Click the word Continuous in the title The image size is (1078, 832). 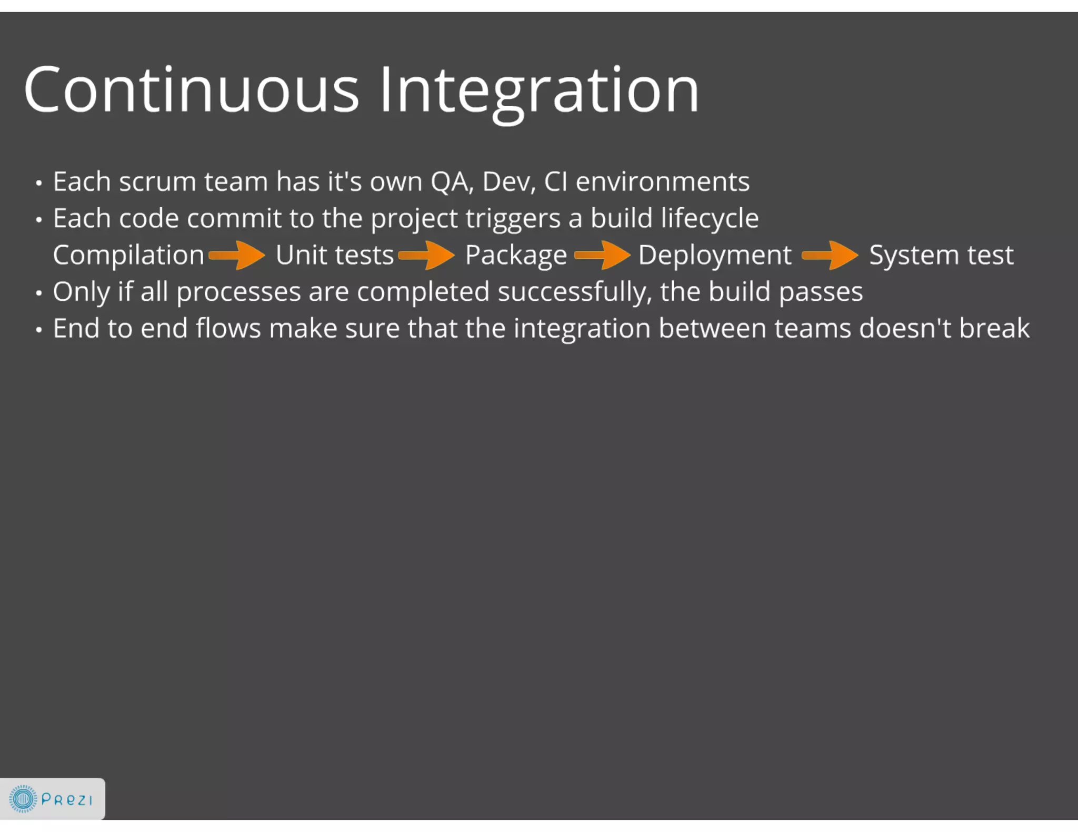tap(191, 89)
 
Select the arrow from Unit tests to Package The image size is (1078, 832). tap(427, 256)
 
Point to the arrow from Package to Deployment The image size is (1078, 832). tap(603, 256)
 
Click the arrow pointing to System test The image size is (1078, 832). tap(831, 256)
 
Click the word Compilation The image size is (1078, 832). tap(128, 256)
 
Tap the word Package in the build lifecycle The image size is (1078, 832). tap(516, 256)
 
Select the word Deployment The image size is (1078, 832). tap(714, 256)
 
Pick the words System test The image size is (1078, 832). tap(941, 256)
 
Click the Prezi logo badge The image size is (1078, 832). tap(52, 799)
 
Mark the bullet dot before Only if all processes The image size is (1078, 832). tap(38, 293)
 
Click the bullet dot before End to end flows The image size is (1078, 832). tap(38, 330)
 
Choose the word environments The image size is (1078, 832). tap(662, 182)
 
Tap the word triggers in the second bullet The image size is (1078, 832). tap(513, 219)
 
